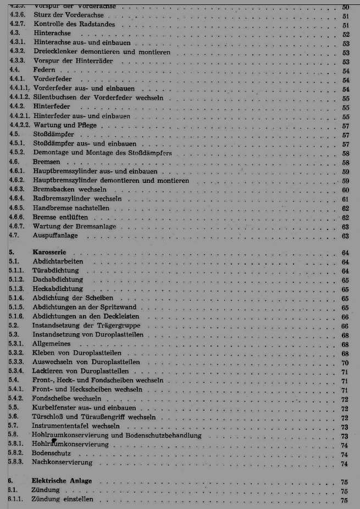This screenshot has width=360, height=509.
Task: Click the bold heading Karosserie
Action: (x=50, y=252)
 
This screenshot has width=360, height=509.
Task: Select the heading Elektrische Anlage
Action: (x=62, y=481)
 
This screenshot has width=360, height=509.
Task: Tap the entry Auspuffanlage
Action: (x=55, y=236)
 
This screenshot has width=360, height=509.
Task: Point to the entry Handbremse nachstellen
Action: (x=71, y=208)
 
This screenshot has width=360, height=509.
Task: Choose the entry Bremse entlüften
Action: (x=60, y=217)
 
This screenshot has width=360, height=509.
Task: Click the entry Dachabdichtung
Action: (x=59, y=279)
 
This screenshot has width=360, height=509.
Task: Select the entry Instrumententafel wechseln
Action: (x=76, y=426)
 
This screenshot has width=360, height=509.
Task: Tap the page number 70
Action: (x=345, y=362)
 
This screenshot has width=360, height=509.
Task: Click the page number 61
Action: (x=345, y=199)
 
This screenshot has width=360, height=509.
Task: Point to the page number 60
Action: (x=345, y=190)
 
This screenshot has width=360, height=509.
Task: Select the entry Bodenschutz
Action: (x=51, y=454)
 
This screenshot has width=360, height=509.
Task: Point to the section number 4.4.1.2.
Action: (x=20, y=97)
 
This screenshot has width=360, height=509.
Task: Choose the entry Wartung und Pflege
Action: (x=65, y=125)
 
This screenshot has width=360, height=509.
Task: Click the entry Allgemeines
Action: (x=52, y=344)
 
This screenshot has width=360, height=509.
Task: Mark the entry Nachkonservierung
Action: (x=62, y=463)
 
